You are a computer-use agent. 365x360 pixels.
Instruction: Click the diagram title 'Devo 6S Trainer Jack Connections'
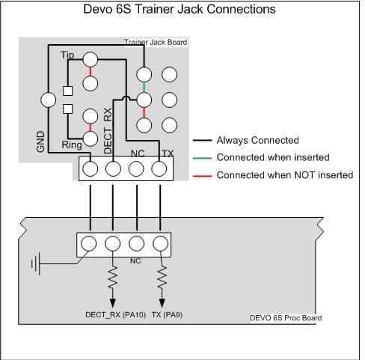(x=180, y=9)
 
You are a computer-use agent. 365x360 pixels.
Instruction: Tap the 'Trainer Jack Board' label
(x=156, y=42)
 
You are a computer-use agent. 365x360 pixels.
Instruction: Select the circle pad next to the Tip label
(x=90, y=59)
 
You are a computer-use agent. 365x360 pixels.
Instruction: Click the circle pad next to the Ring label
(x=90, y=138)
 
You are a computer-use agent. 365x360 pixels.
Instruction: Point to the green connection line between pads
(x=144, y=87)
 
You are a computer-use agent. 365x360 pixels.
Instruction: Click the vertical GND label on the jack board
(x=40, y=141)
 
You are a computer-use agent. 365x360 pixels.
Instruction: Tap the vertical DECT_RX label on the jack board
(x=108, y=131)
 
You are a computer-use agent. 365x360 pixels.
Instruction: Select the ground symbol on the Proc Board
(x=36, y=263)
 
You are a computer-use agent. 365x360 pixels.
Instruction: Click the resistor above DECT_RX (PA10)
(x=113, y=276)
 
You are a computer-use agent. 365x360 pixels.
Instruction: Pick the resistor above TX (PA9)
(x=162, y=276)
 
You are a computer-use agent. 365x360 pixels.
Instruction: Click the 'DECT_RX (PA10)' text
(x=115, y=314)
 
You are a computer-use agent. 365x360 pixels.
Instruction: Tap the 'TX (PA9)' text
(x=167, y=314)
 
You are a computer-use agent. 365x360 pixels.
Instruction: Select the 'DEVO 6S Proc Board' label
(x=286, y=318)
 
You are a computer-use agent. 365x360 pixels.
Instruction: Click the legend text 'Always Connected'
(x=257, y=140)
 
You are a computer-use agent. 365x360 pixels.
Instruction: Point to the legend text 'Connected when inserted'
(x=273, y=157)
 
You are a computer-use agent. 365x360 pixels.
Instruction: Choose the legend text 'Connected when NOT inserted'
(x=285, y=175)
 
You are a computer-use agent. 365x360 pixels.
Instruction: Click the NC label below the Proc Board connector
(x=135, y=261)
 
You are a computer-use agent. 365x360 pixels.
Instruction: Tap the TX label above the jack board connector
(x=168, y=153)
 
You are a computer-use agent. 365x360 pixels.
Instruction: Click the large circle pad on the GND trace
(x=48, y=100)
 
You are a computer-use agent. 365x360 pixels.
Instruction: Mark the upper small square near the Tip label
(x=67, y=91)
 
